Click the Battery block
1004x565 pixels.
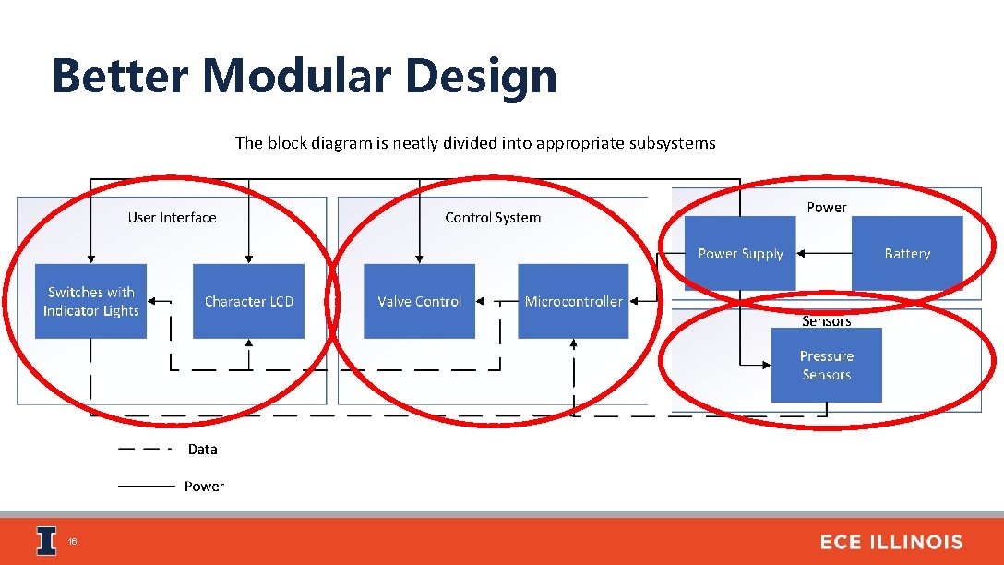(x=906, y=253)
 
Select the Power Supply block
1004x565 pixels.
(x=740, y=253)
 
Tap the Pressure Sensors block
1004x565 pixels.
(x=826, y=365)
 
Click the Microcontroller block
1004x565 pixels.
(x=573, y=301)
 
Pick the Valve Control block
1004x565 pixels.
(x=419, y=301)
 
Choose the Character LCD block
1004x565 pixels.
(x=248, y=301)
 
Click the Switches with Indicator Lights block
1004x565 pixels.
(x=90, y=301)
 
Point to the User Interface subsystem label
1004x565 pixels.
(x=172, y=218)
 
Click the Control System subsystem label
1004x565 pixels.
(x=493, y=218)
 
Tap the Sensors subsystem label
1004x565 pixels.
(x=826, y=321)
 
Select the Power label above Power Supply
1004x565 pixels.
(x=826, y=207)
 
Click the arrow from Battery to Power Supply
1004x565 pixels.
(x=823, y=253)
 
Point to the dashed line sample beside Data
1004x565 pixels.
(x=145, y=450)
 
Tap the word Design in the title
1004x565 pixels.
(x=481, y=76)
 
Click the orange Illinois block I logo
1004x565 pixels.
(x=46, y=541)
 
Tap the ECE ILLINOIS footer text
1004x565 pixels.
(x=890, y=542)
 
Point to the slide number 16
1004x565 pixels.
(x=72, y=542)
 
